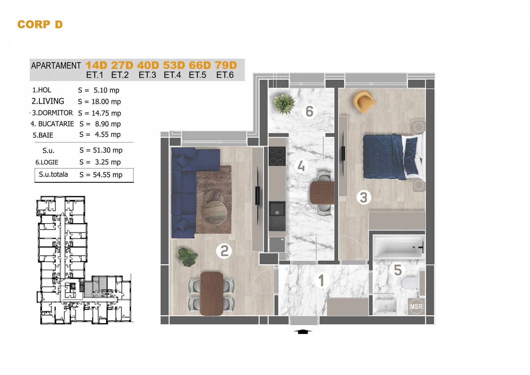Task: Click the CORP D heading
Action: point(40,25)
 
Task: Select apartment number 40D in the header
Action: point(148,65)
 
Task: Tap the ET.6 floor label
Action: point(225,75)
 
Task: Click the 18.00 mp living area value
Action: point(106,102)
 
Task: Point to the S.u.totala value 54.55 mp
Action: point(108,175)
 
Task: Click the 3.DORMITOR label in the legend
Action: point(52,113)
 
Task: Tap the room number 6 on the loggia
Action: point(309,111)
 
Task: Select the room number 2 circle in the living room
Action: point(224,251)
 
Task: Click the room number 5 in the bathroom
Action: point(398,270)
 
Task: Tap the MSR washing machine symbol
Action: point(416,307)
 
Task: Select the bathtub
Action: point(399,247)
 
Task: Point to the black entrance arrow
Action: point(303,332)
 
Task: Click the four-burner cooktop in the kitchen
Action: point(277,156)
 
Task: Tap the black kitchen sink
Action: point(277,216)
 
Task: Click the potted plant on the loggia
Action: point(284,104)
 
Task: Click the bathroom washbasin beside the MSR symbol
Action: point(386,307)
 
